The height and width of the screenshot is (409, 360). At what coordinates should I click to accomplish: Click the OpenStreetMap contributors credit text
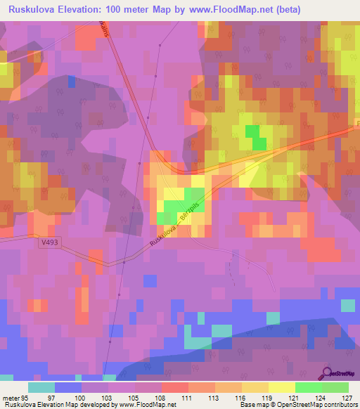pos(316,405)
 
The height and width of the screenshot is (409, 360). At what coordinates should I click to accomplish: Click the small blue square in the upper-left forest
pos(72,82)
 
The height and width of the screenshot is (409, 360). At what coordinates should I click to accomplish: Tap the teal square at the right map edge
pos(347,305)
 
